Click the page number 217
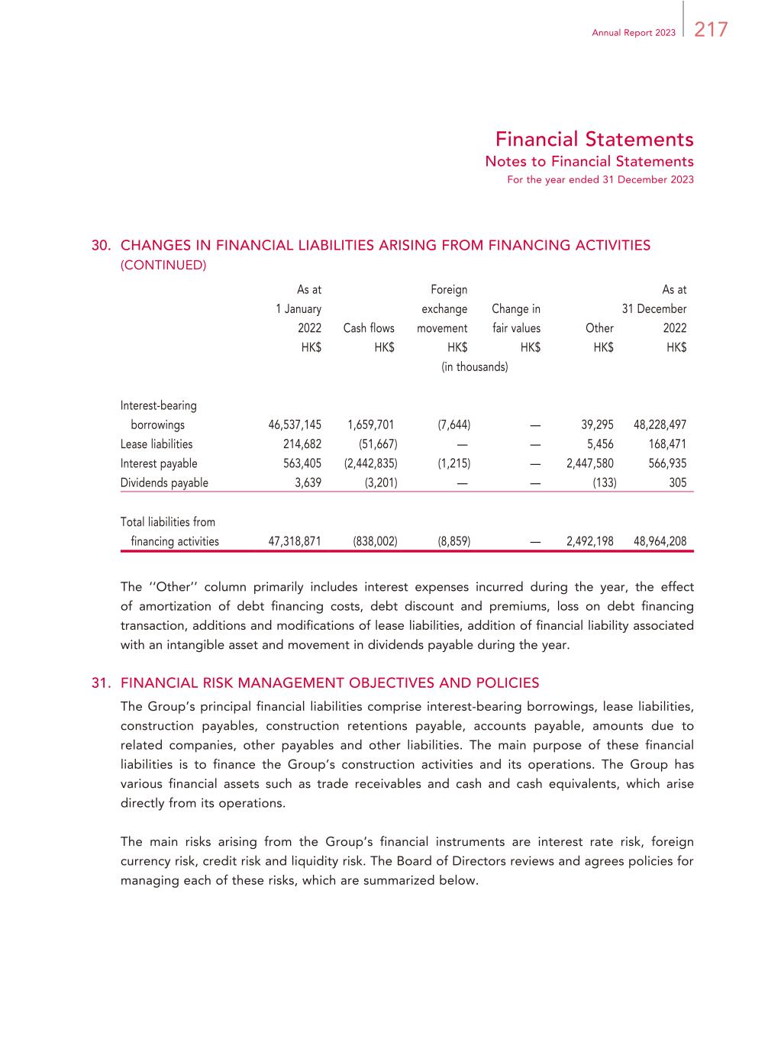(x=711, y=30)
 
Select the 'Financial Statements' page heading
(x=594, y=140)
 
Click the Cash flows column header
(x=369, y=328)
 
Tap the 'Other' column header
(x=599, y=328)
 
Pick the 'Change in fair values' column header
(x=516, y=318)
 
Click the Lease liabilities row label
(x=157, y=444)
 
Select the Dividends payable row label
(x=164, y=482)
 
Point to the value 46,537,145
(x=295, y=425)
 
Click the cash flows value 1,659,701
(x=371, y=425)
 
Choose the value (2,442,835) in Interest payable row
(x=371, y=463)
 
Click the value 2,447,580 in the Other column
(x=590, y=463)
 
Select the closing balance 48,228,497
(x=660, y=425)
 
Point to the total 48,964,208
(x=660, y=541)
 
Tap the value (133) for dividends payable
(x=605, y=482)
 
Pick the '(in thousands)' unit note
(x=475, y=367)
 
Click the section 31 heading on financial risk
(x=330, y=682)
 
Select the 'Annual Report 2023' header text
(x=634, y=33)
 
